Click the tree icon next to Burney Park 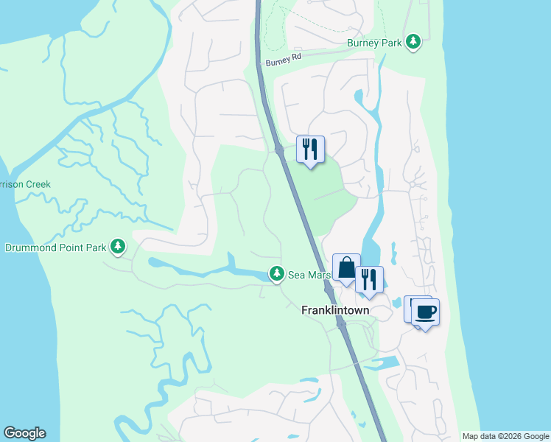point(414,43)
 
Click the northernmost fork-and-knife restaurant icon point(310,149)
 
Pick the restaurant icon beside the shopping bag point(369,280)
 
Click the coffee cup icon point(426,312)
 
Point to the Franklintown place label point(335,311)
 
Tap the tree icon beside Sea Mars point(276,274)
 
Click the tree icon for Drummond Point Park point(118,247)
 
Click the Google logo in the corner point(24,433)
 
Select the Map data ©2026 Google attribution point(505,436)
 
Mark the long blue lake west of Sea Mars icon point(199,270)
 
